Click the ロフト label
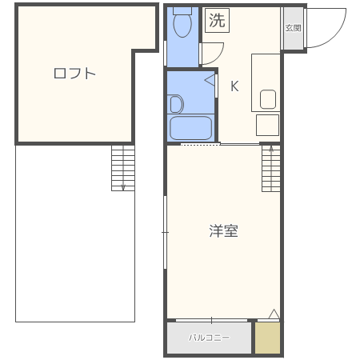pos(74,74)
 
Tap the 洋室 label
pos(223,231)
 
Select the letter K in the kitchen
pos(234,86)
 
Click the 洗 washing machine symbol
pos(217,22)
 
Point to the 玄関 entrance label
pos(293,28)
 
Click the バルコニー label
pos(209,338)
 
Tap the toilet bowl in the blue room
pos(182,27)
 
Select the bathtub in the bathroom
pos(190,128)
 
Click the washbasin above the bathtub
pos(176,103)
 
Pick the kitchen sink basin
pos(268,99)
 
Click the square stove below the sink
pos(267,126)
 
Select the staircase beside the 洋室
pos(271,169)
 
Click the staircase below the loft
pos(122,168)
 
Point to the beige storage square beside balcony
pos(268,338)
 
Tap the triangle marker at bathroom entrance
pos(210,80)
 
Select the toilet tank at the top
pos(183,10)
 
